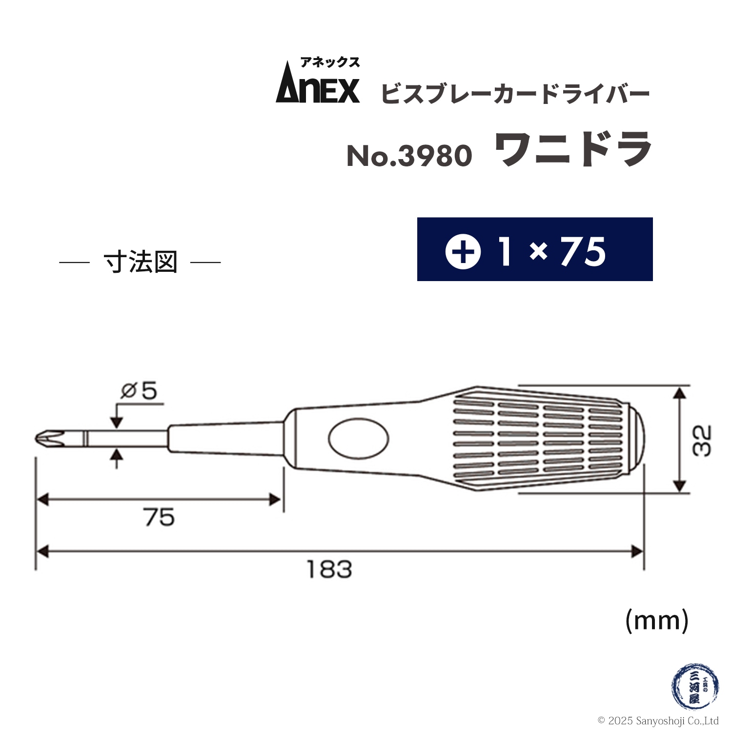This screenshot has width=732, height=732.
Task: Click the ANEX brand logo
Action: [318, 89]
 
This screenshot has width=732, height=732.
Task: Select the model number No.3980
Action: [409, 156]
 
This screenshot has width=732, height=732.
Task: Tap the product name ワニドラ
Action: [573, 149]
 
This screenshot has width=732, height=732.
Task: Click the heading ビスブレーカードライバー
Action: [515, 94]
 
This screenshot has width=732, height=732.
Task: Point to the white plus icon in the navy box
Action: [463, 251]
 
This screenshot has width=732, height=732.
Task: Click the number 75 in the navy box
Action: [583, 252]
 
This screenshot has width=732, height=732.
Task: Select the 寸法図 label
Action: [141, 263]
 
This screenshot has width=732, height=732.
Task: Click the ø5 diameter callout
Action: [139, 391]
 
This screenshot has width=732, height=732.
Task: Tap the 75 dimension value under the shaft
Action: [159, 518]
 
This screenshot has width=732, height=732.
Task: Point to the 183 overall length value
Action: [329, 569]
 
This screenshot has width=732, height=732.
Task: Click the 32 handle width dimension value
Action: [702, 441]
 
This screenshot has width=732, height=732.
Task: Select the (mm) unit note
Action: [657, 621]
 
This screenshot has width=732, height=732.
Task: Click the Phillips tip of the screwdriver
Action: [49, 438]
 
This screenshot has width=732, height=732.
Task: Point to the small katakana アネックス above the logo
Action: [330, 62]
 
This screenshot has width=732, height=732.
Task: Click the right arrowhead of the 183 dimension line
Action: [638, 552]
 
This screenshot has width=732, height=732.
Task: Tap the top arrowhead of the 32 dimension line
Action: [679, 393]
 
